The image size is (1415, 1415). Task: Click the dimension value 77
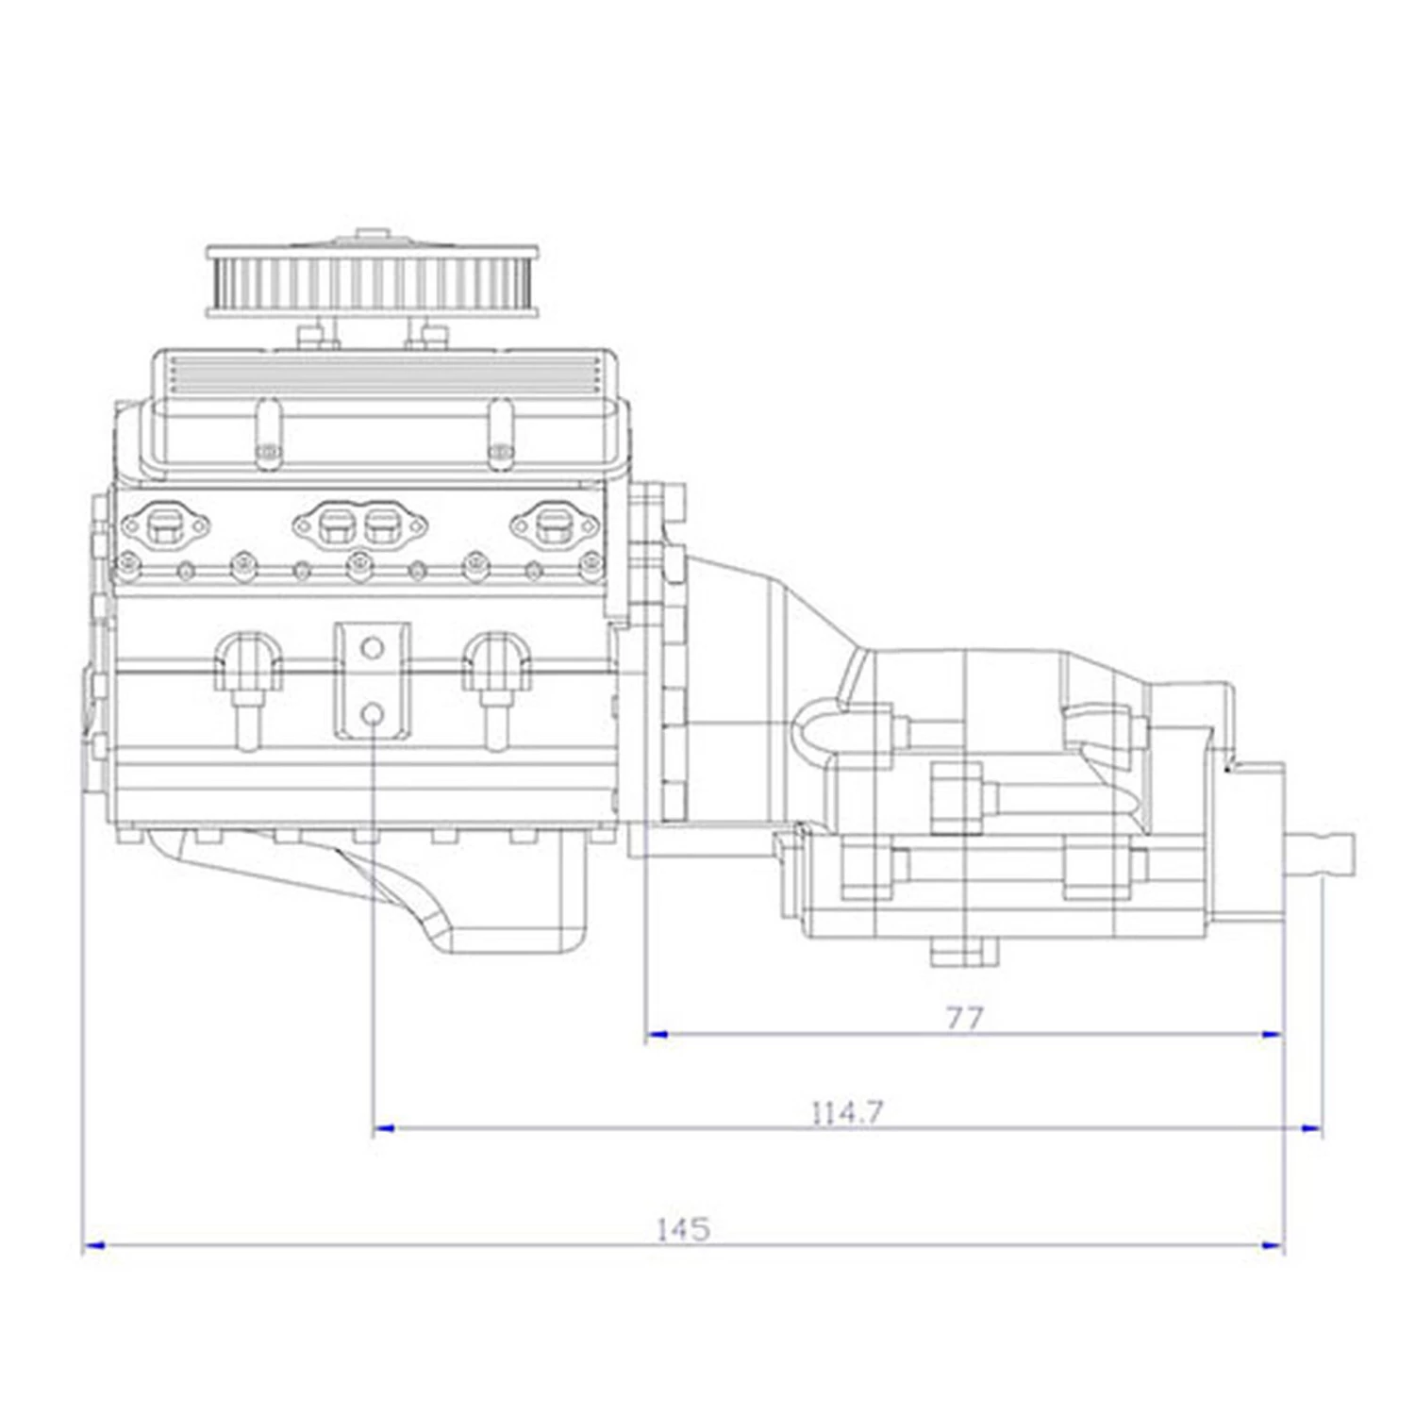964,1018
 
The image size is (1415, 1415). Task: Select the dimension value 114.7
847,1113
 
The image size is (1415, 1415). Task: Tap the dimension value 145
682,1230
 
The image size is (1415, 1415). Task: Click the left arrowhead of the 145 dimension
92,1246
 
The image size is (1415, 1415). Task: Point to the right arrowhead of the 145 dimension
1274,1246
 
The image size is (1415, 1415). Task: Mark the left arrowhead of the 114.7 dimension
383,1128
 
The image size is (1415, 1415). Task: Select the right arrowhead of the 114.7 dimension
1311,1128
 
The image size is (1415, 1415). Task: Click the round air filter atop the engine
374,280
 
